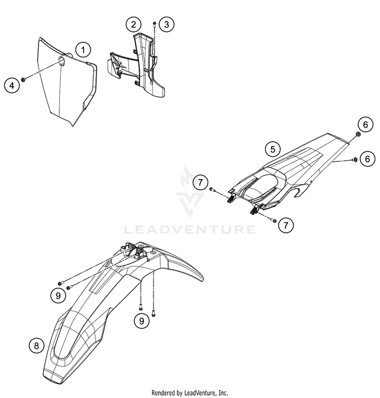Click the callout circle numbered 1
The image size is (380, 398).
pos(83,50)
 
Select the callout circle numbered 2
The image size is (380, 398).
pos(133,24)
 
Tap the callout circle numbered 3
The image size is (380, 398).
pos(166,24)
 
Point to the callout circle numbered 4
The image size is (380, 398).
pos(12,86)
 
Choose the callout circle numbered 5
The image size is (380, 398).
pos(273,149)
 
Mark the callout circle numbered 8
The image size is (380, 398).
pos(36,345)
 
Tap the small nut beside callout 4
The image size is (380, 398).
pos(23,80)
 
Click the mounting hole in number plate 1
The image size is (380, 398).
pos(61,61)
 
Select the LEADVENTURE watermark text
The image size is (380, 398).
pos(189,230)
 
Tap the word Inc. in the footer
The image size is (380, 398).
pos(223,393)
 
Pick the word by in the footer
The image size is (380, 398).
pos(180,393)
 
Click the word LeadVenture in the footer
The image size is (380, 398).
pos(201,393)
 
